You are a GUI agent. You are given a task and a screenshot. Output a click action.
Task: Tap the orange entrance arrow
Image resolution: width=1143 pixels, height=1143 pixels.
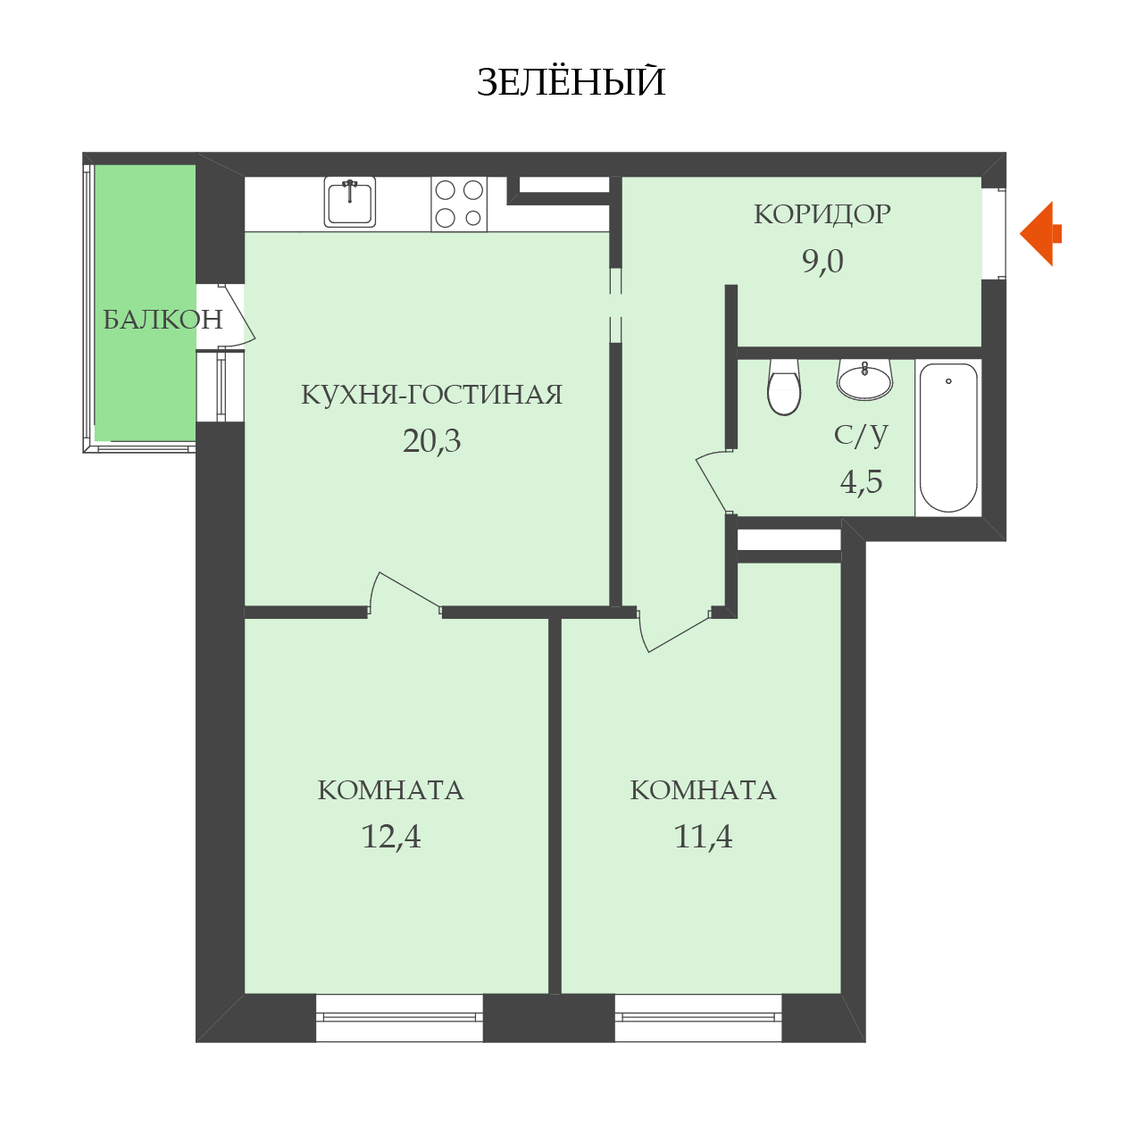(1039, 234)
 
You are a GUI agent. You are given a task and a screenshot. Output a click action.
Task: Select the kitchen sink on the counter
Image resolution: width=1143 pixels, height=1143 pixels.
(350, 202)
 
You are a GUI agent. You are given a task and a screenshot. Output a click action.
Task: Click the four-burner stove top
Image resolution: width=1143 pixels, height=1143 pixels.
(458, 204)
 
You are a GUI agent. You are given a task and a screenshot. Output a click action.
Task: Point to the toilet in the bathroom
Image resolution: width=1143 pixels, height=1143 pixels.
(783, 387)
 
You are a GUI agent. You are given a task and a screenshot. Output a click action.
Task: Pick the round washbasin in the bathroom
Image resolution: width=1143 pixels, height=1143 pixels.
(864, 379)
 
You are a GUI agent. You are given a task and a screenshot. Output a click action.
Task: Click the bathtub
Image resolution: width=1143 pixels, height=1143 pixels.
(947, 438)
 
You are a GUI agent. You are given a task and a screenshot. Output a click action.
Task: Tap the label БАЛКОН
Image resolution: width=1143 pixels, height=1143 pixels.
(163, 320)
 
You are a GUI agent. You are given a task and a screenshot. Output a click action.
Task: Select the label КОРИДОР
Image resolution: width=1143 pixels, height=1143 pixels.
(822, 214)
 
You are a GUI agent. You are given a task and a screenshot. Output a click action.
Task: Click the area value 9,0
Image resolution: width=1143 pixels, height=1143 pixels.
(822, 261)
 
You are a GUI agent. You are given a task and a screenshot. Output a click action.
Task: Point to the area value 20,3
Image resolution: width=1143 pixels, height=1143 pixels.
(431, 441)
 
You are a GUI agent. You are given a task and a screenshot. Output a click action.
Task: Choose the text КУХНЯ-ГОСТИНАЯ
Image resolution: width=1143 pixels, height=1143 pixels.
(431, 395)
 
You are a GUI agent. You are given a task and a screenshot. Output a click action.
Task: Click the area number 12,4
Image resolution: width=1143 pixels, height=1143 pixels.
(391, 837)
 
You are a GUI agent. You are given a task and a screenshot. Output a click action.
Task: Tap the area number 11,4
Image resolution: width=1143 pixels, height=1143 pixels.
(703, 837)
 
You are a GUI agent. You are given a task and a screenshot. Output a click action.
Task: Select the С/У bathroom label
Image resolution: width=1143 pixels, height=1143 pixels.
(861, 435)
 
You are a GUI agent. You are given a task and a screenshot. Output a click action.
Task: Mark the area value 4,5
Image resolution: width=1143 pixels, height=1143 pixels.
(861, 481)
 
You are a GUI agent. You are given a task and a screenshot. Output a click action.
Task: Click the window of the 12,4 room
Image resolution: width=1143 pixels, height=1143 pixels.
(399, 1017)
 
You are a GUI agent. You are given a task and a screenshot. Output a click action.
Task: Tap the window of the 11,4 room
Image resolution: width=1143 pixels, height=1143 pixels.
(698, 1017)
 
